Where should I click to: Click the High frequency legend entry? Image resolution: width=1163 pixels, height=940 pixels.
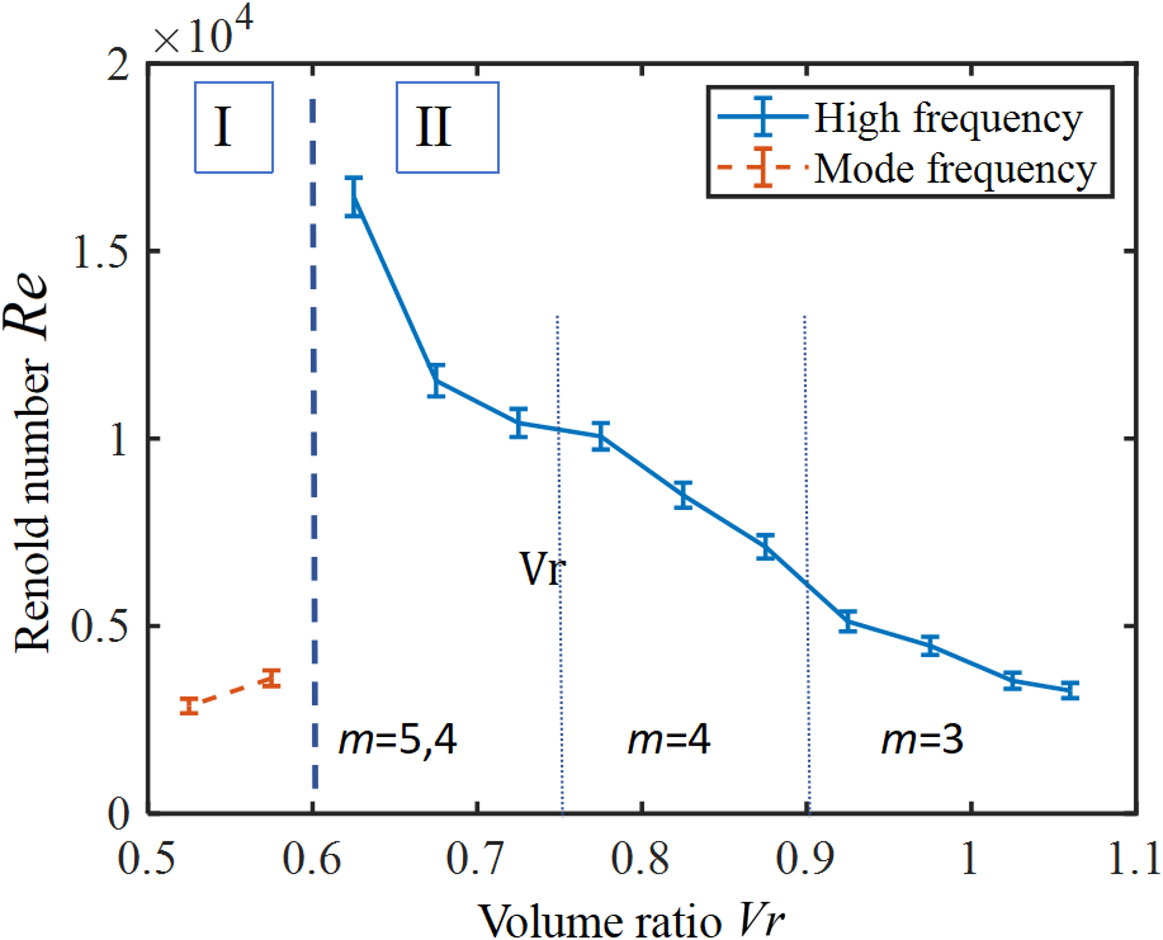[x=948, y=119]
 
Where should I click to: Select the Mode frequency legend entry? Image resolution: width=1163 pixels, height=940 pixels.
[x=954, y=169]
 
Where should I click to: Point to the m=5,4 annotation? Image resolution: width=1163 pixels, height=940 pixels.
[x=398, y=740]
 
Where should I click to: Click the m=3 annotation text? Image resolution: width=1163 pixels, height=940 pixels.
[x=922, y=740]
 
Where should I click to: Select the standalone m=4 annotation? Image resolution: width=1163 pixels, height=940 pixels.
[x=669, y=740]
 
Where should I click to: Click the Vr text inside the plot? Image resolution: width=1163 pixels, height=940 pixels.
[x=541, y=569]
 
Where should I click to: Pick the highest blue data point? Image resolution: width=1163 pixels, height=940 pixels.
[x=354, y=197]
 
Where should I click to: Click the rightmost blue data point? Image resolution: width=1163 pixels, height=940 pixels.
[x=1070, y=690]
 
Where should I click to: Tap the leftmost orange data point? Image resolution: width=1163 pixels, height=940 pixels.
[x=189, y=705]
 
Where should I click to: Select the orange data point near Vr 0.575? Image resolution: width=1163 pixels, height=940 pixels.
[x=271, y=678]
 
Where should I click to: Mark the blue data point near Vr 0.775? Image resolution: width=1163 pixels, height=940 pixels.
[x=601, y=436]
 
